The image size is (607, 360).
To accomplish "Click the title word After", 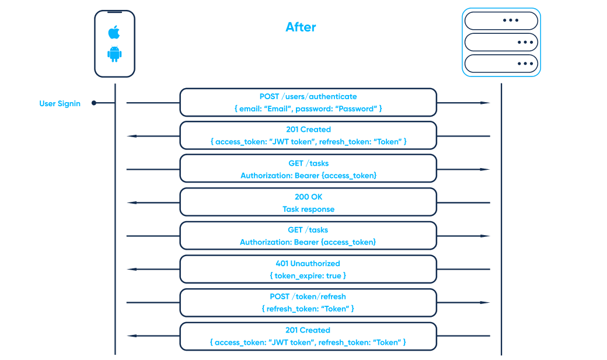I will click(x=301, y=27).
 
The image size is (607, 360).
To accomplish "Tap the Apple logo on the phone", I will click(x=114, y=32).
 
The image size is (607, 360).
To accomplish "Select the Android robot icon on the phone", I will click(x=114, y=54).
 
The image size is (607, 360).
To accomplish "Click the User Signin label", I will click(x=60, y=103).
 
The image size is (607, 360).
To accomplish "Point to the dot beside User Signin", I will click(x=95, y=103).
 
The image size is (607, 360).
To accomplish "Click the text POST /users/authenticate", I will click(x=308, y=96).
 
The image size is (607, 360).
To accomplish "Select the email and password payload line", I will click(x=308, y=109).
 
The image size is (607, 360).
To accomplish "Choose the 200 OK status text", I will click(x=308, y=197).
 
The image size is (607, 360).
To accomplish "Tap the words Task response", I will click(x=308, y=209).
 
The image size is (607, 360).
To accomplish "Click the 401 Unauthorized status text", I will click(x=308, y=263).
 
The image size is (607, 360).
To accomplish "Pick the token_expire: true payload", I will click(x=308, y=275).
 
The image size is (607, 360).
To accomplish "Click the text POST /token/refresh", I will click(x=308, y=296).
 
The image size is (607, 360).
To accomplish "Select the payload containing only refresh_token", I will click(x=308, y=309).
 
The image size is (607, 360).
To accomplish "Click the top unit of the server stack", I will click(x=501, y=20).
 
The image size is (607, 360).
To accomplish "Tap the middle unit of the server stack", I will click(x=501, y=42).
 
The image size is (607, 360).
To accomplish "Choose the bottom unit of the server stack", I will click(x=501, y=63).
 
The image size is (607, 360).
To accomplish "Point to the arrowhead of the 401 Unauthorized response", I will click(x=132, y=269).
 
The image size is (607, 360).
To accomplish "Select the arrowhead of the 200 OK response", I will click(x=132, y=202).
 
